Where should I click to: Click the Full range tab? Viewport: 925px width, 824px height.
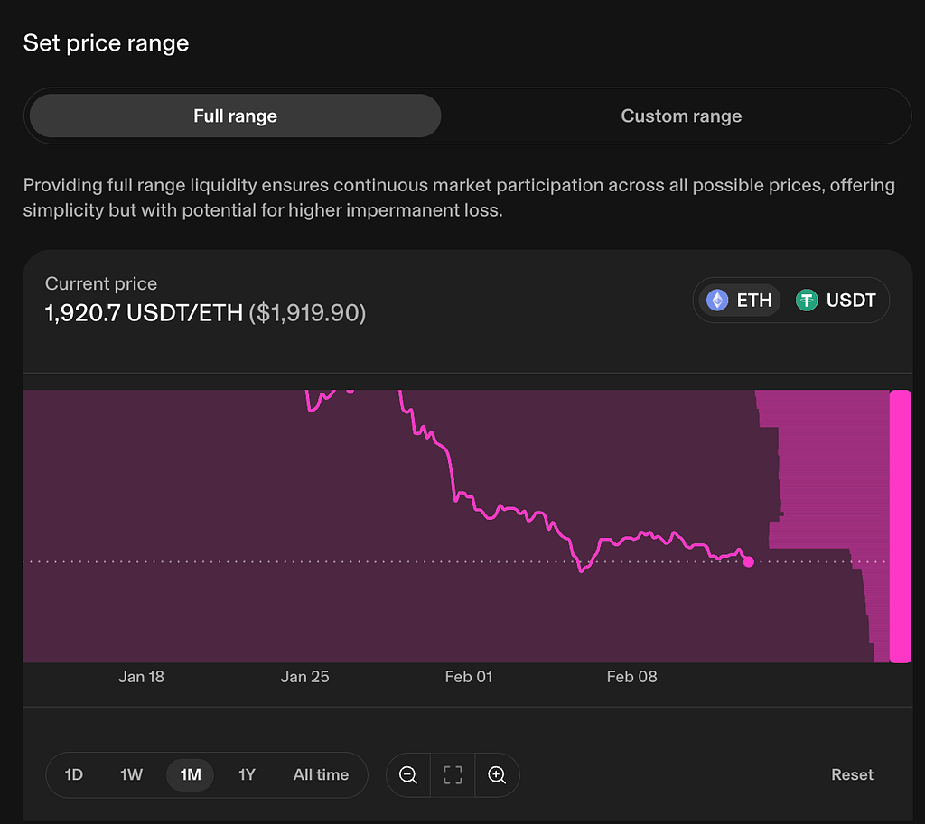[236, 116]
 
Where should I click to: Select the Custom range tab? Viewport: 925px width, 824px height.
[681, 116]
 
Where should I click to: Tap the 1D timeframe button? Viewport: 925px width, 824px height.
[74, 774]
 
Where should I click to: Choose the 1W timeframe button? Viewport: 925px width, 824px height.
[132, 774]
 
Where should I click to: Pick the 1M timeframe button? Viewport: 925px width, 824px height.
[190, 774]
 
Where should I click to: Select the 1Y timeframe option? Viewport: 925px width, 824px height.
[247, 774]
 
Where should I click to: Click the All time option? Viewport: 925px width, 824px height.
[321, 774]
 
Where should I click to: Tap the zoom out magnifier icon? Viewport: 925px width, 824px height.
[408, 775]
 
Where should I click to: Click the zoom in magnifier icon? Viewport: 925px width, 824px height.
[498, 775]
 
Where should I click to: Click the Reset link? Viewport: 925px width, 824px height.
[852, 774]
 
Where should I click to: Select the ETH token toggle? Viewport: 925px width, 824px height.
[740, 300]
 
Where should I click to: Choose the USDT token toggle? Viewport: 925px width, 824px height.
[836, 300]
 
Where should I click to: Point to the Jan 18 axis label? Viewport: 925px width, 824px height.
[141, 677]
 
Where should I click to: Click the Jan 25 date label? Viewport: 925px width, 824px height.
[304, 677]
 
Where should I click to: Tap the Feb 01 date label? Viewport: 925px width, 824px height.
[469, 677]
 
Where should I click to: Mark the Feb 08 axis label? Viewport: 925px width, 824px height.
[631, 677]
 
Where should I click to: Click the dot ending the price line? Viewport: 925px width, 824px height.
[749, 561]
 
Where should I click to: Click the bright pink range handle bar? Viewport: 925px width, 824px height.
[901, 526]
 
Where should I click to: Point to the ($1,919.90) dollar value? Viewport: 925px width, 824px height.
[307, 313]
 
